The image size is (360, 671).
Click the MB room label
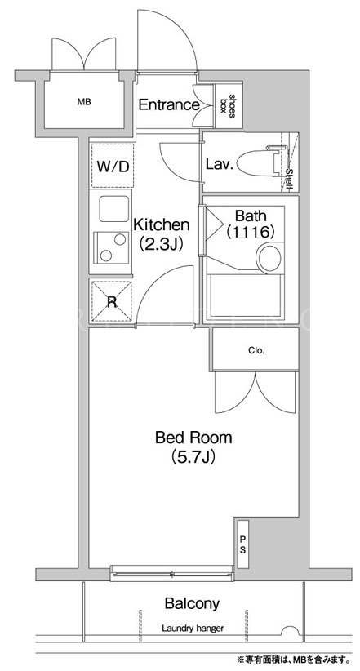coord(84,102)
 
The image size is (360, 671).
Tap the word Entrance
coord(169,104)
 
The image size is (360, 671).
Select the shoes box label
coord(228,104)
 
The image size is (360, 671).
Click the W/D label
coord(113,167)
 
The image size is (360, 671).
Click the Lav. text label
coord(220,164)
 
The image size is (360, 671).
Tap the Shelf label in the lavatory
coord(289,179)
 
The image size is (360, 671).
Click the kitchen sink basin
coord(114,208)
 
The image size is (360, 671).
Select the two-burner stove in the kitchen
coord(111,247)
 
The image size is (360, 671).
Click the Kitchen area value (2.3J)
coord(162,243)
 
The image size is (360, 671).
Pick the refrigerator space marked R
coord(112,302)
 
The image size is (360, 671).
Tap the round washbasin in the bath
coord(269,258)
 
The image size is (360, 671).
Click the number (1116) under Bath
coord(250,232)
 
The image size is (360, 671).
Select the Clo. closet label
coord(256,351)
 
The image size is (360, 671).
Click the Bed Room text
coord(193,438)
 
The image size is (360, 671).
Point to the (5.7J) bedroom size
coord(193,457)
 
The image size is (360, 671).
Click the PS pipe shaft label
coord(242,544)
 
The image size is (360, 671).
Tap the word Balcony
coord(192,603)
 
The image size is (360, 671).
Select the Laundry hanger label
coord(193,629)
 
